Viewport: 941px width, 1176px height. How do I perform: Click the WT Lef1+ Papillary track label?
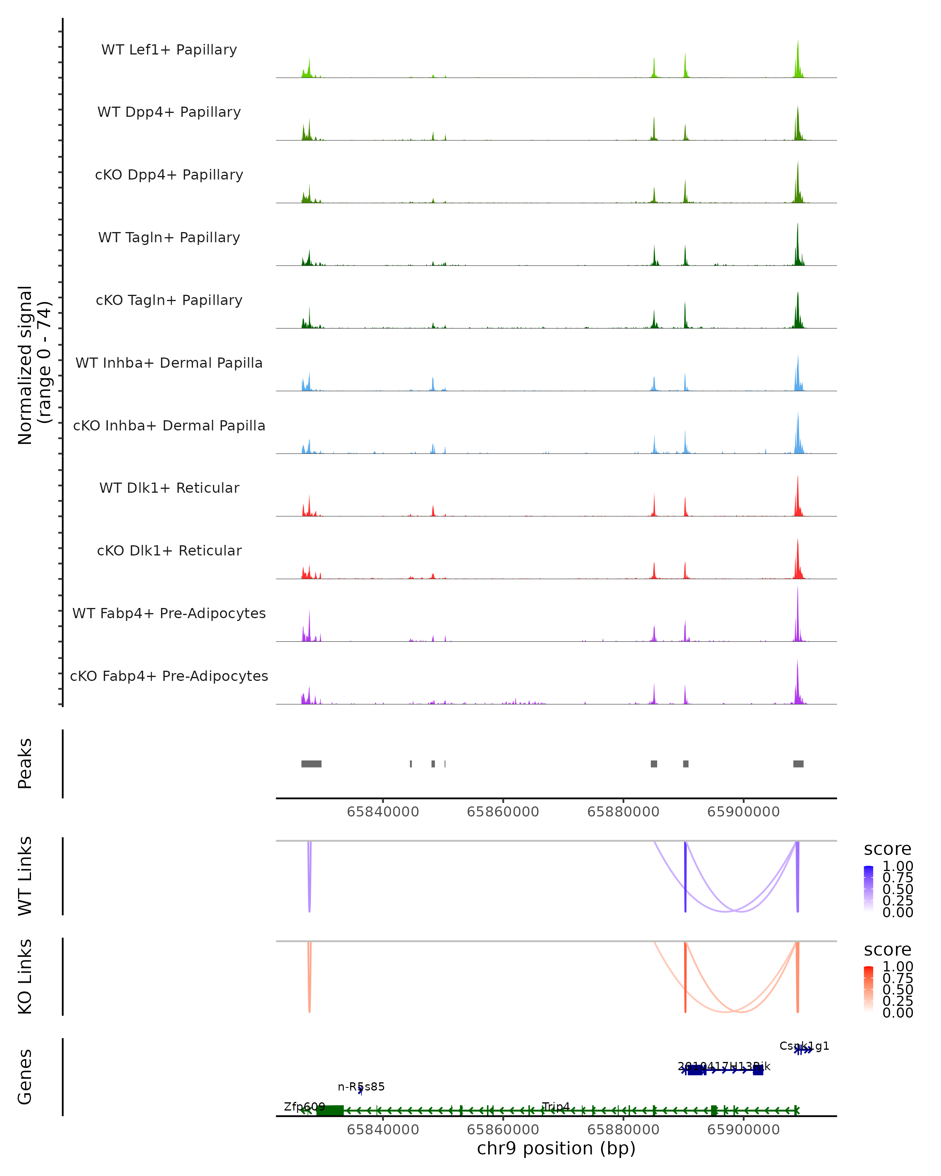[x=169, y=50]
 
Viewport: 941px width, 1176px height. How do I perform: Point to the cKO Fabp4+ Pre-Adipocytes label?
[x=169, y=676]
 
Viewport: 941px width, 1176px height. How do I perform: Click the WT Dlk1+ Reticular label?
[x=169, y=488]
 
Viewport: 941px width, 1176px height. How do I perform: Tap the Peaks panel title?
[x=25, y=764]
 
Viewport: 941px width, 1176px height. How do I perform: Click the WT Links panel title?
[x=25, y=876]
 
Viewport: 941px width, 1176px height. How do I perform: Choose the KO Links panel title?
[x=25, y=976]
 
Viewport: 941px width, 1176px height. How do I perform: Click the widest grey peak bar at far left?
[x=311, y=764]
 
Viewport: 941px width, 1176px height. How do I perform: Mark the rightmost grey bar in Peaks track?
[x=798, y=764]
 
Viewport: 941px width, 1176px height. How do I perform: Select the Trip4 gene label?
[x=556, y=1106]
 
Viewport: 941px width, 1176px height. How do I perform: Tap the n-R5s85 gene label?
[x=361, y=1087]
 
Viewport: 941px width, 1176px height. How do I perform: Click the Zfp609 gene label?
[x=304, y=1107]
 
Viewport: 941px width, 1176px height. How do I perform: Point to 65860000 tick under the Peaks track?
[x=503, y=812]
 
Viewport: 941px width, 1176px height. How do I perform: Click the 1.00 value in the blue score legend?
[x=898, y=866]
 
